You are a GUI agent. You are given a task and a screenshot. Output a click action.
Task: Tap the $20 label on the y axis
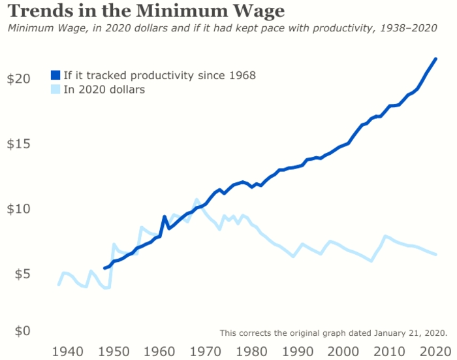(18, 78)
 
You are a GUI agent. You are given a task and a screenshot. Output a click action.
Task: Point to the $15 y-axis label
(18, 144)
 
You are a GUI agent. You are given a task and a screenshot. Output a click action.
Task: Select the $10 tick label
(18, 209)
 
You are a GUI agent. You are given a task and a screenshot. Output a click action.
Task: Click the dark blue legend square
(55, 75)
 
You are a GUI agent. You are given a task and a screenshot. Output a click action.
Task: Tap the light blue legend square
(55, 90)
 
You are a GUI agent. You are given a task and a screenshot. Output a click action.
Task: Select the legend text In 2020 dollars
(104, 90)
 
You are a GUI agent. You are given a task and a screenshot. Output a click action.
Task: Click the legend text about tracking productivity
(159, 75)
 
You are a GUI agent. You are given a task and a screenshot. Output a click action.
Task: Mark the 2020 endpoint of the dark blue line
(436, 59)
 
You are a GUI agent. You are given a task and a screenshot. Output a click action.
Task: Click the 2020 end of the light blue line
(436, 254)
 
